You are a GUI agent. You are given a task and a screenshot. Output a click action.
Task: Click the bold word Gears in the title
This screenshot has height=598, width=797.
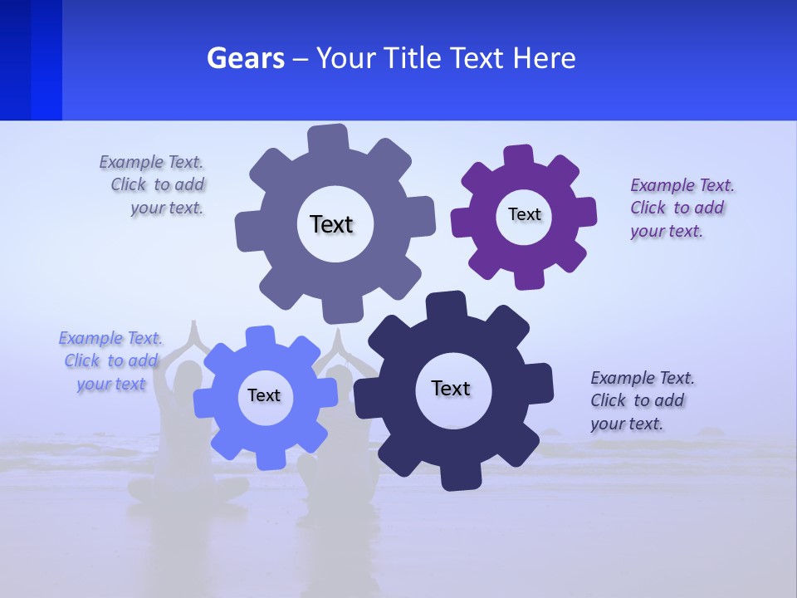click(245, 58)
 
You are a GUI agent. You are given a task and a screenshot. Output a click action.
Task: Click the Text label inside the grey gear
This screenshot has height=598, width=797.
click(331, 224)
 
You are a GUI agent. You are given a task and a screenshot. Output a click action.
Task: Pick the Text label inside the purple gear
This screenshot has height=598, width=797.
click(524, 214)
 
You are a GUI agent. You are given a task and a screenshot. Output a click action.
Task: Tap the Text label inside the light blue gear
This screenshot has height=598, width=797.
click(263, 395)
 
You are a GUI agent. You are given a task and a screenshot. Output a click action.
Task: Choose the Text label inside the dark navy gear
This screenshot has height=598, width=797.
click(451, 388)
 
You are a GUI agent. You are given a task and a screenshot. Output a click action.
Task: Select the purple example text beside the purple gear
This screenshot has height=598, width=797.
click(681, 208)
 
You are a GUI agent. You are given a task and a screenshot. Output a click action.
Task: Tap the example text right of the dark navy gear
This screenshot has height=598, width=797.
click(641, 400)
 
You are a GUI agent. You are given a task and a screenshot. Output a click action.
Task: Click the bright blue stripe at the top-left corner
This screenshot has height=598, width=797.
click(46, 60)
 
